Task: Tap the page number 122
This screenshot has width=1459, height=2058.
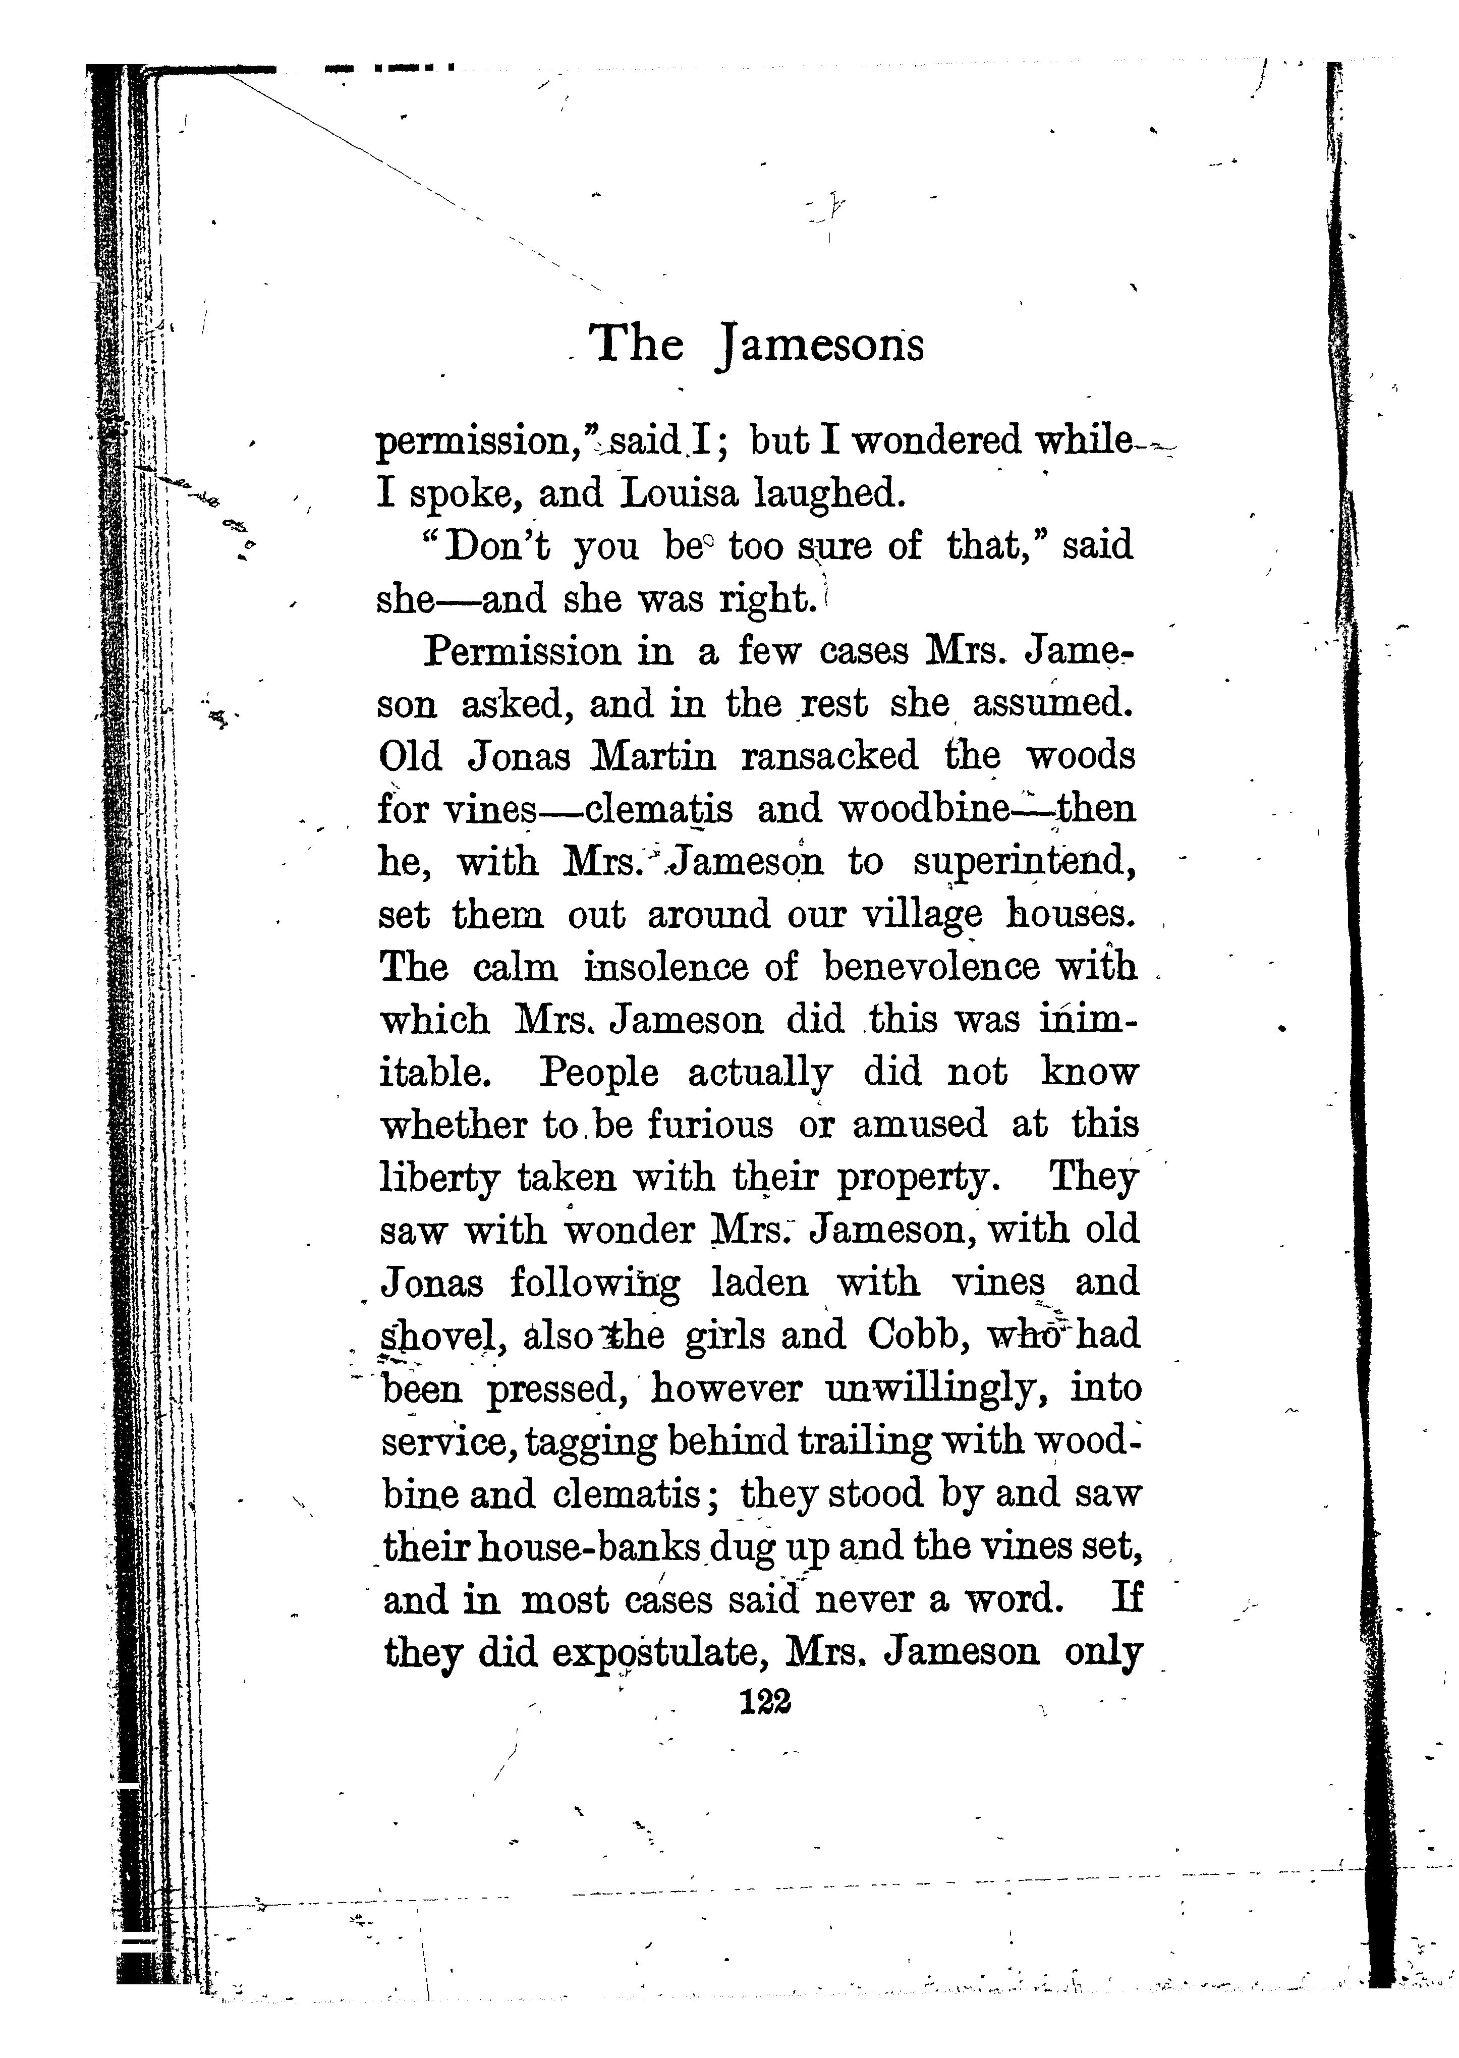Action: tap(764, 1700)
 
